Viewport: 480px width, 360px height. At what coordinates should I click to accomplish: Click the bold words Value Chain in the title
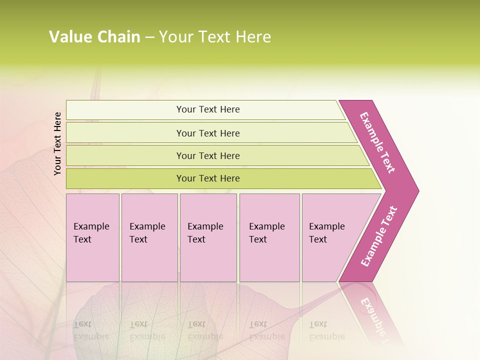pos(94,37)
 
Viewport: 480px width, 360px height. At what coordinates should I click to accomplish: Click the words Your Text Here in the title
pos(215,37)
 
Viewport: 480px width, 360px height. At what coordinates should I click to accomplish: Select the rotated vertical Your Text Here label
pos(57,143)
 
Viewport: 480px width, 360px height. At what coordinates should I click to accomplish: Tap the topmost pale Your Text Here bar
pos(208,109)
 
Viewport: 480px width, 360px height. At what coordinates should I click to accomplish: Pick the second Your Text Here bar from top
pos(208,133)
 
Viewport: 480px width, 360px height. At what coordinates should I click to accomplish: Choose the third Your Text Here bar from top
pos(208,155)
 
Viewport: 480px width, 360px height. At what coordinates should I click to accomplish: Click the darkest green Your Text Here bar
pos(208,178)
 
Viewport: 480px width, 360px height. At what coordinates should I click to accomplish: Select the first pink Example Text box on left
pos(92,237)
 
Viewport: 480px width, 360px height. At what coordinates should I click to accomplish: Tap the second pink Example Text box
pos(149,237)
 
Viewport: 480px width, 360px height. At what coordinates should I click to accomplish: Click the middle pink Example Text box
pos(208,237)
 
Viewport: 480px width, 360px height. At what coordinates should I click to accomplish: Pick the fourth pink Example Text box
pos(269,237)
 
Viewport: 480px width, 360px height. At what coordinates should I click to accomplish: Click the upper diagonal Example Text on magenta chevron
pos(378,142)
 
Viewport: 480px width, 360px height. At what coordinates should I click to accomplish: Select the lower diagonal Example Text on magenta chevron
pos(379,236)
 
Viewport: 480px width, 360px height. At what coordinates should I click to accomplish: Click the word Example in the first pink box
pos(91,226)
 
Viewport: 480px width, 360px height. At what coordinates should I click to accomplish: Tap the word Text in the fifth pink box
pos(318,239)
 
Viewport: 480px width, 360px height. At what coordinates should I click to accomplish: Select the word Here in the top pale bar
pos(229,109)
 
